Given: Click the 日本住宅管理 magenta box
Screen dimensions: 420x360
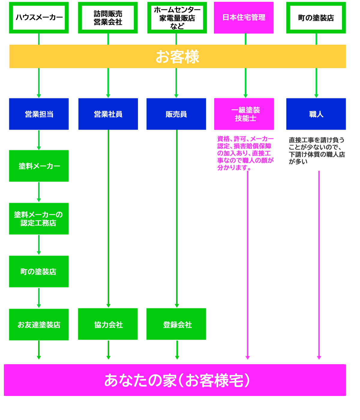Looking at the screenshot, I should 244,17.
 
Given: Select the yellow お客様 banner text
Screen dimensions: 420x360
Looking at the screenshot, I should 177,57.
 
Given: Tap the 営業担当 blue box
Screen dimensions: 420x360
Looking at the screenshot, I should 39,114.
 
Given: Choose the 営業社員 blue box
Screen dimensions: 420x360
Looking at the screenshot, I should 108,114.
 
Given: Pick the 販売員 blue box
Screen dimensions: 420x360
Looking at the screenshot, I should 176,114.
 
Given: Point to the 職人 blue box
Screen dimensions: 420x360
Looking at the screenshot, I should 316,114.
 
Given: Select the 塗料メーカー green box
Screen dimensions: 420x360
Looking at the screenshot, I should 39,166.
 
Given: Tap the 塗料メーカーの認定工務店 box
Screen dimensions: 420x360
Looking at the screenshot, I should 39,219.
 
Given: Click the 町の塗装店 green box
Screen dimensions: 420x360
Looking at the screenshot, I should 39,271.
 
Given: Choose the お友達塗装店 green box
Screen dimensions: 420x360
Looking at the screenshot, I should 39,325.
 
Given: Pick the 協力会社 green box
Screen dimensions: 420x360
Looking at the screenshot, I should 108,324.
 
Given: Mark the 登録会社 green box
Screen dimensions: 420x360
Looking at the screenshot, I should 176,324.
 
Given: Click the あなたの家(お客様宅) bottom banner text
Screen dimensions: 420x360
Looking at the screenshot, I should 177,380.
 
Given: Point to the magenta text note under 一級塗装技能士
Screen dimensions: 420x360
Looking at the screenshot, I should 245,153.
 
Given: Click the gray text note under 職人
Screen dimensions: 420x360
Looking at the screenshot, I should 316,151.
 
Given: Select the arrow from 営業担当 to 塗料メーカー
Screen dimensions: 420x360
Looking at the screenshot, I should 39,140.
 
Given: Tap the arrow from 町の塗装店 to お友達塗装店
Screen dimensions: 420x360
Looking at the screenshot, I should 39,298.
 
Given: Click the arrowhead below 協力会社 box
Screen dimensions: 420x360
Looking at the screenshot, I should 108,357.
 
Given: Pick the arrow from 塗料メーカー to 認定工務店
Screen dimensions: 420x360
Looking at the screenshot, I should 39,192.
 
